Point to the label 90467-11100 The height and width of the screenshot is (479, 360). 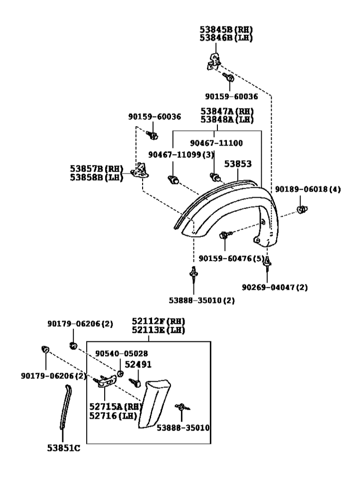tap(217, 143)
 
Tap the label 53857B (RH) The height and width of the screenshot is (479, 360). tap(96, 169)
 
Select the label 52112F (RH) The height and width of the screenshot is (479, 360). tap(158, 322)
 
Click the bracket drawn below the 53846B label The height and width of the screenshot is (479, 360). tap(215, 61)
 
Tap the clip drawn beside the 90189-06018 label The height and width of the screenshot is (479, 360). tap(302, 209)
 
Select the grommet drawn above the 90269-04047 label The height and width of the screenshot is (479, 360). tap(268, 261)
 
